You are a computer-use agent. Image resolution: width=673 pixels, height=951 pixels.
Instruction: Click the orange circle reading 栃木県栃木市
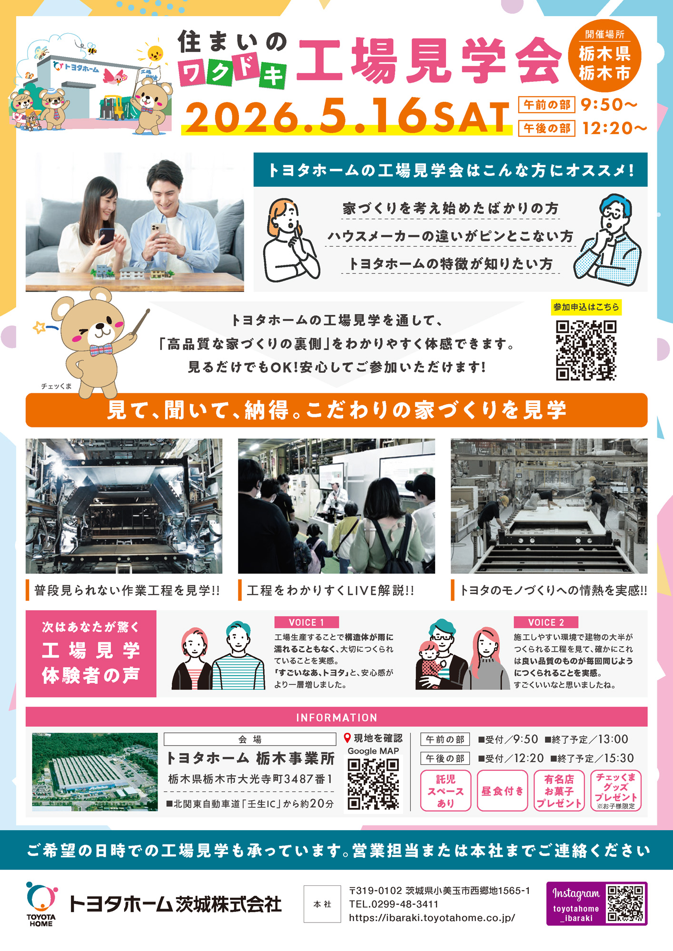pos(604,56)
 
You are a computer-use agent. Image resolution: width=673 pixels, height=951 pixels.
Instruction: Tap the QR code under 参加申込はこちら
pos(586,350)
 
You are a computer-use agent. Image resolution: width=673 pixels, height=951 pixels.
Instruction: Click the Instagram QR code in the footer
pos(625,903)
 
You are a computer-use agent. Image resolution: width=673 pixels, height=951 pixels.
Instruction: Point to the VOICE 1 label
pos(307,622)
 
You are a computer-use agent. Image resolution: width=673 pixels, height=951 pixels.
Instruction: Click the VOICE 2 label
pos(546,622)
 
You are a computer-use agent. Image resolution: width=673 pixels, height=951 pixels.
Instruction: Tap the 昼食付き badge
pos(502,791)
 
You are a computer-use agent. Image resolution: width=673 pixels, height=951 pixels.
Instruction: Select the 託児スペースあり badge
pos(445,791)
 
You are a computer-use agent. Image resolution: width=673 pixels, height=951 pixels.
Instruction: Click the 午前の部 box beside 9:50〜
pos(547,105)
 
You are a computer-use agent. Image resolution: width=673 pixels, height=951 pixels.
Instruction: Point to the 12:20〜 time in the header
pos(614,128)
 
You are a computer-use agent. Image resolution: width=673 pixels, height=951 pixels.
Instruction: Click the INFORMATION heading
pos(336,718)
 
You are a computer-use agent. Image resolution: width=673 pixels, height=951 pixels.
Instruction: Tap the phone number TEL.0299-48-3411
pos(394,904)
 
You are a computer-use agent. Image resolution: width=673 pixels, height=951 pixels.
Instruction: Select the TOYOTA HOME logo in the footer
pos(42,903)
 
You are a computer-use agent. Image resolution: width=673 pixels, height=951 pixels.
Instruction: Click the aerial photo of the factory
pos(95,772)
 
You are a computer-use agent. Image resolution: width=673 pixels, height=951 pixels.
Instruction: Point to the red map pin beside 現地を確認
pos(347,738)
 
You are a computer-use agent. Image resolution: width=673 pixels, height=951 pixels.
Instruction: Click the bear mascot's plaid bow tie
pos(101,350)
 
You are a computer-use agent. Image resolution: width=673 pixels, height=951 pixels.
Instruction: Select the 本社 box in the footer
pos(322,904)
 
